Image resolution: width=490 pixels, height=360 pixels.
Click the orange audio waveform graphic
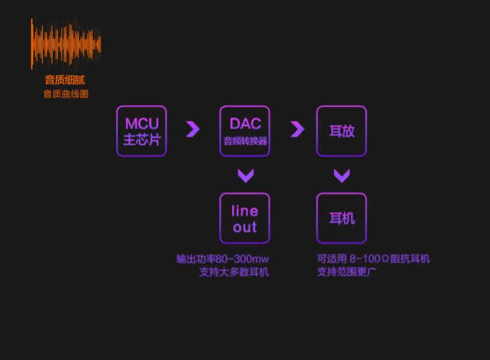66,44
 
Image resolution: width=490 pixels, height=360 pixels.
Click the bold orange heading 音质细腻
65,80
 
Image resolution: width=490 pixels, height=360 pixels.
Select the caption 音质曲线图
66,94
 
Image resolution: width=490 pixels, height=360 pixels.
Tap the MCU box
141,130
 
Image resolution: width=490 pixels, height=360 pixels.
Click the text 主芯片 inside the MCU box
141,140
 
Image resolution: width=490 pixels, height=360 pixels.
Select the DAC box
244,130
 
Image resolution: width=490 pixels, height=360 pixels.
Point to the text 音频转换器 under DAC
245,142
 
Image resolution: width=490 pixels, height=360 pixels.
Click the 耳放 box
341,130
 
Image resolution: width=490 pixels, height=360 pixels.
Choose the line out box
244,218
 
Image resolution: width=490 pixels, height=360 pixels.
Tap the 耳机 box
341,218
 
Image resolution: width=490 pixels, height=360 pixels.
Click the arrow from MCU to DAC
193,129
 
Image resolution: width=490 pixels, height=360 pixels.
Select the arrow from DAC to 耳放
297,129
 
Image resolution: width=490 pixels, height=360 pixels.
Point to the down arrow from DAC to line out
246,176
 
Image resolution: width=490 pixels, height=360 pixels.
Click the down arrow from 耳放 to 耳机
342,176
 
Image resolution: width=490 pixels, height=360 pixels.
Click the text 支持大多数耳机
234,272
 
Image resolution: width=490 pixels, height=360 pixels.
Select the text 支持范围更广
347,272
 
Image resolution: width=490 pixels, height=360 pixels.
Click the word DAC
245,124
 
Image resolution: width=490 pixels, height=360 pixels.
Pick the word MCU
141,124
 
